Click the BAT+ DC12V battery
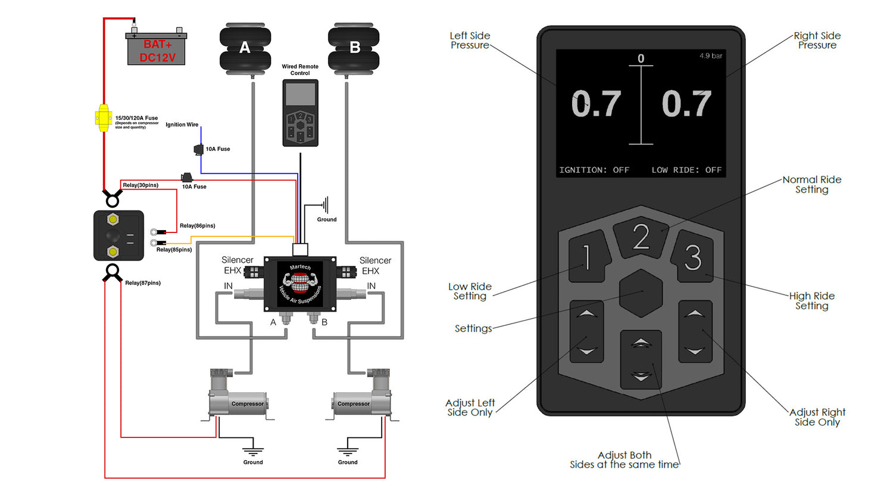point(156,50)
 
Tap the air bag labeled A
point(245,48)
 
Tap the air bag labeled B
point(354,48)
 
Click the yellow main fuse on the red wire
point(104,118)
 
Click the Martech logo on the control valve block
point(300,284)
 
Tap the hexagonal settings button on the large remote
point(641,293)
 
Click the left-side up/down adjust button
point(587,331)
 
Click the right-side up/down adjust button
point(695,331)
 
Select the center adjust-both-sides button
point(641,359)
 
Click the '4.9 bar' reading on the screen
point(711,56)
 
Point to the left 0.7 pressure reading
point(596,104)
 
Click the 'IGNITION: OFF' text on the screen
point(594,170)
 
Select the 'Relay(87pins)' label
point(143,283)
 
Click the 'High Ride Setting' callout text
point(812,300)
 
